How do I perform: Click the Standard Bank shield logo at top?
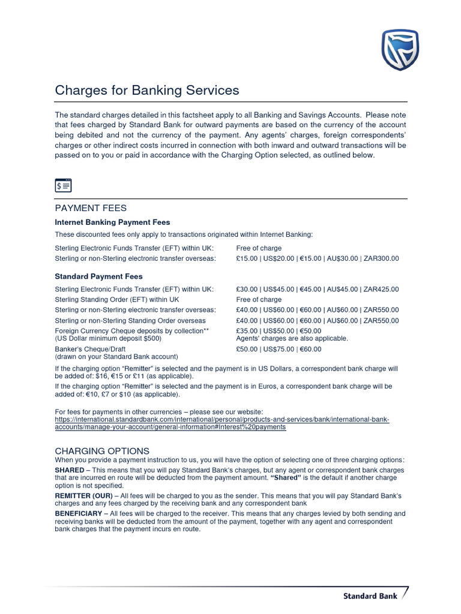coord(400,50)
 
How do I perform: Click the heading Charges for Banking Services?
coord(147,91)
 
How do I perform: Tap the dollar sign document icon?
coord(63,185)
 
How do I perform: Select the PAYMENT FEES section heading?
coord(91,208)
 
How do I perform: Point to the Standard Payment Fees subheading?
coord(99,276)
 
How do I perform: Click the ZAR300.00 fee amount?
coord(381,258)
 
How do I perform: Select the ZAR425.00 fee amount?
coord(381,290)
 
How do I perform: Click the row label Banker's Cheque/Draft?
coord(90,349)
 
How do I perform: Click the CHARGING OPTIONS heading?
coord(102,450)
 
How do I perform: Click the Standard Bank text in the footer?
coord(369,596)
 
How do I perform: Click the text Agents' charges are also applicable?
coord(292,339)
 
